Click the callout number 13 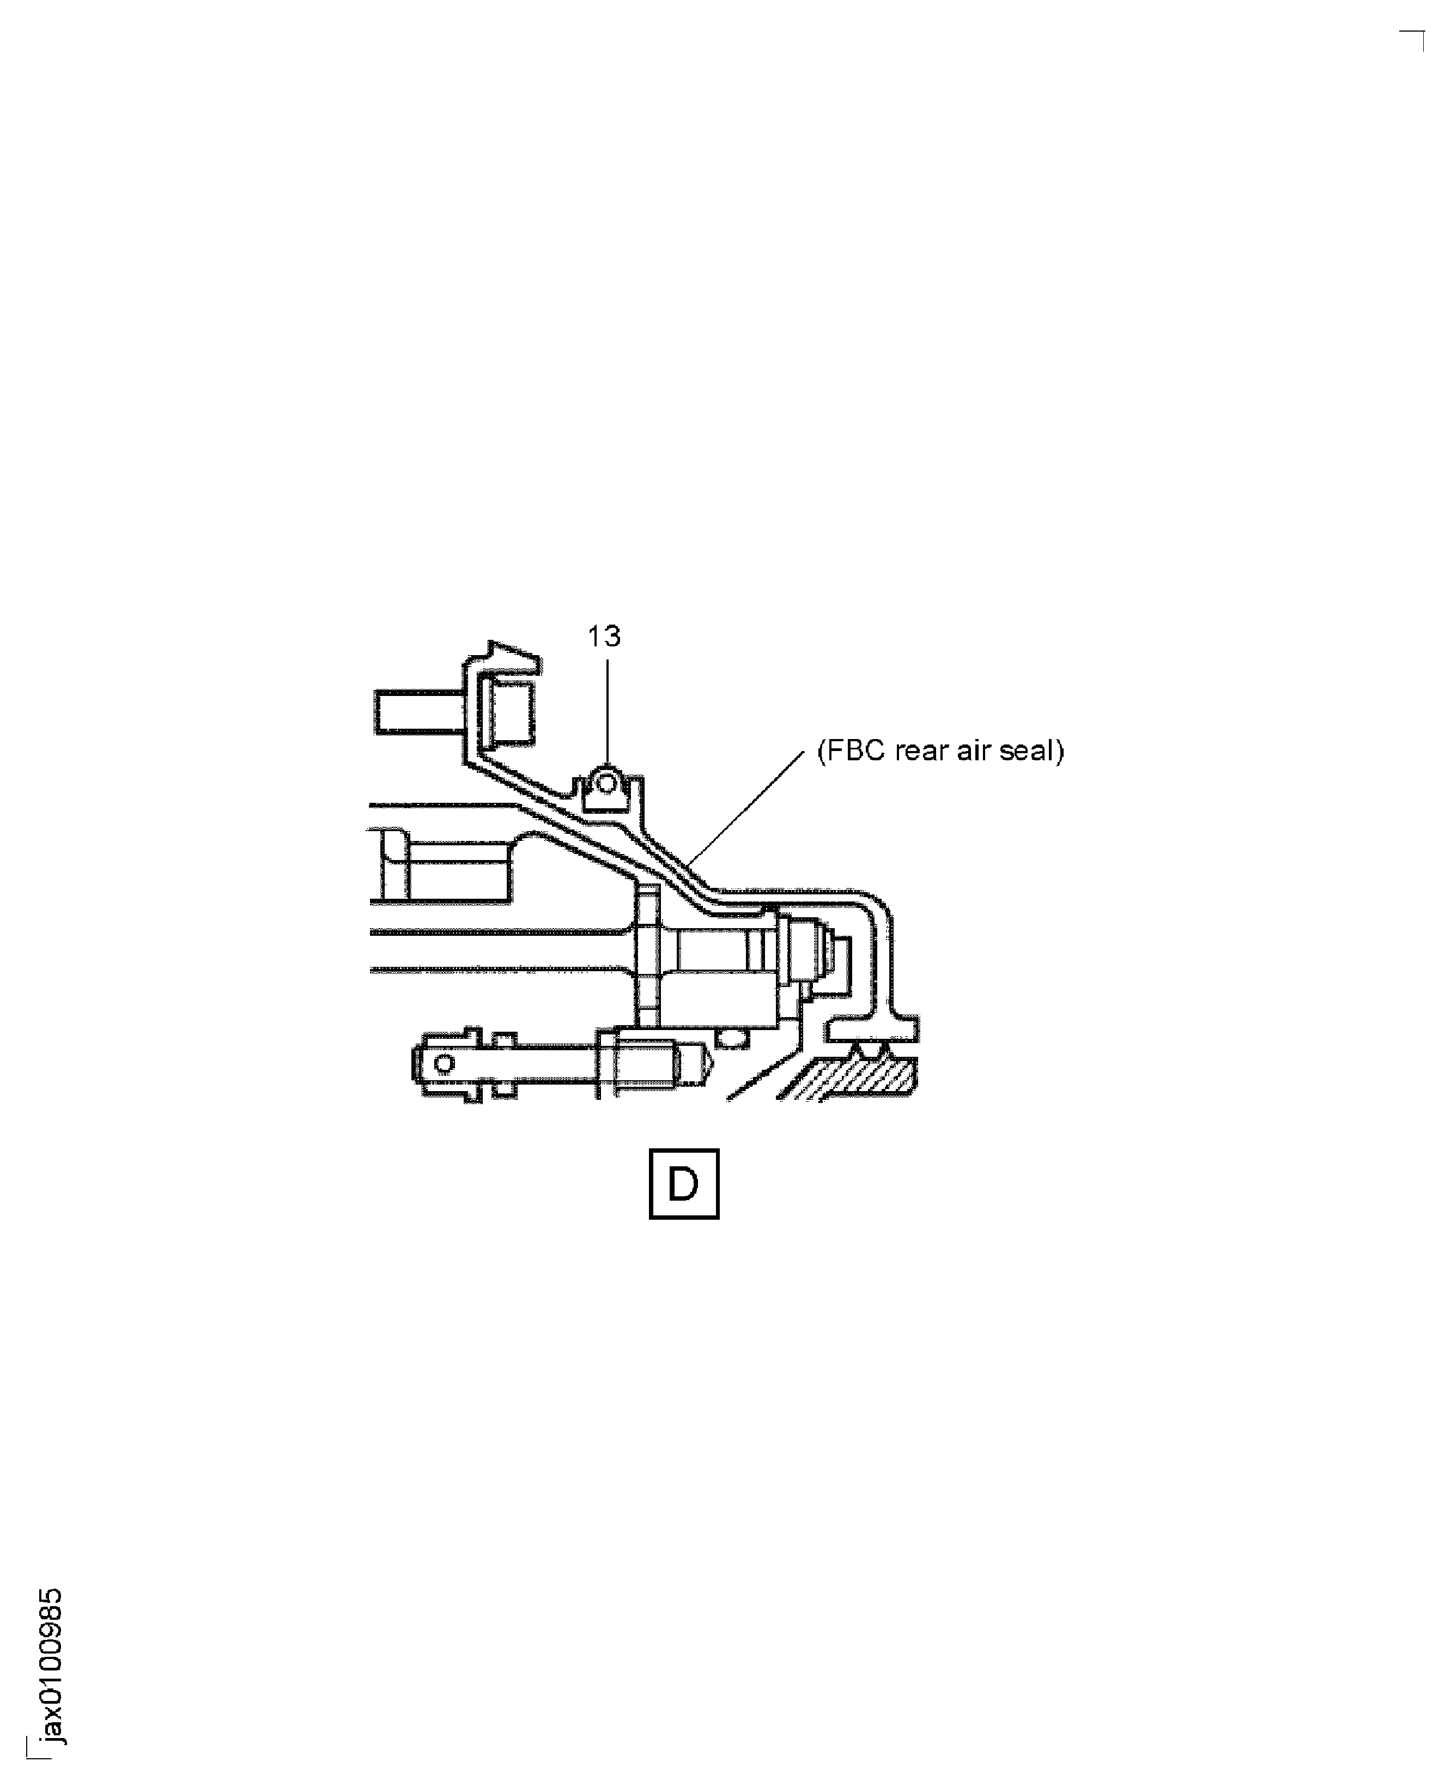604,637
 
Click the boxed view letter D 684,1184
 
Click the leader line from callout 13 608,715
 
